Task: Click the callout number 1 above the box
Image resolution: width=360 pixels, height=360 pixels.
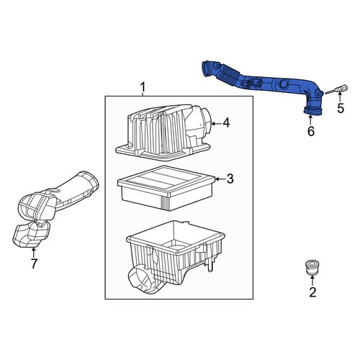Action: (x=143, y=87)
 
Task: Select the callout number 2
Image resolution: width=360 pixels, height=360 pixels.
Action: (x=312, y=292)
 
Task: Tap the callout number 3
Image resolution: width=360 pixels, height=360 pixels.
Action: (x=230, y=179)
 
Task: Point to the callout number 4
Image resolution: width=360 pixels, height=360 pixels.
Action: (x=226, y=123)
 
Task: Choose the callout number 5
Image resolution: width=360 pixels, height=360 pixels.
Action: (x=341, y=108)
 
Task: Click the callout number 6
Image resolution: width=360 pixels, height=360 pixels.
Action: (x=311, y=131)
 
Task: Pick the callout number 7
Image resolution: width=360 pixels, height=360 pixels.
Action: (x=34, y=264)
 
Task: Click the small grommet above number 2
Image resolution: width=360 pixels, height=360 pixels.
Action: (x=312, y=267)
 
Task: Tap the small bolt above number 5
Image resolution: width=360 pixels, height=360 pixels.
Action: (x=337, y=89)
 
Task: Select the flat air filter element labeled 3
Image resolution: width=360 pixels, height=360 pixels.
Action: (x=166, y=188)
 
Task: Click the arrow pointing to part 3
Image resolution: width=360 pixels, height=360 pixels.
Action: (x=221, y=179)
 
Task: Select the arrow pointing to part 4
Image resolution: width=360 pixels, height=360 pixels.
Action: (x=216, y=124)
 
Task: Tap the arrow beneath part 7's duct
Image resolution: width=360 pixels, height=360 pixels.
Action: (x=34, y=253)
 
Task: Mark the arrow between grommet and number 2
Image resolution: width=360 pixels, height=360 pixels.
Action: (x=312, y=281)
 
